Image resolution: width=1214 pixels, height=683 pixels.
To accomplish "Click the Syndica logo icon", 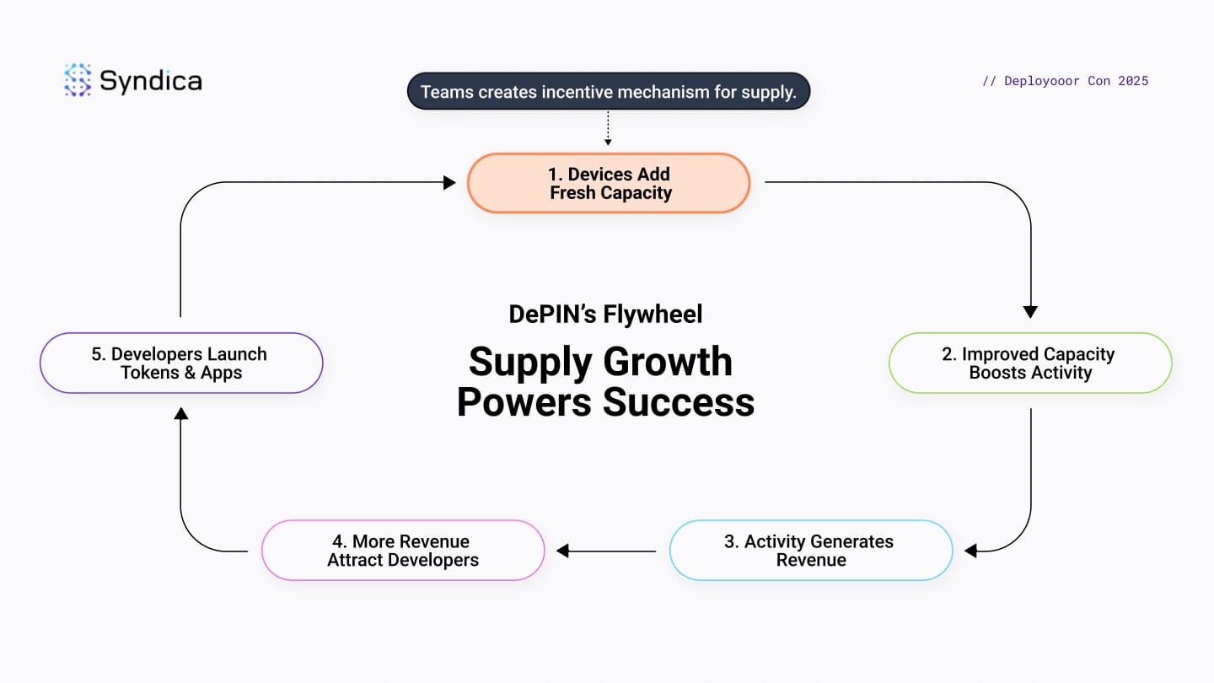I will pos(78,80).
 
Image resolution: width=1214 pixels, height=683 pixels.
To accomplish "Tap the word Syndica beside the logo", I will pos(150,81).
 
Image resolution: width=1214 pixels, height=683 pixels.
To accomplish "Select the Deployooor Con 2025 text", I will pos(1065,81).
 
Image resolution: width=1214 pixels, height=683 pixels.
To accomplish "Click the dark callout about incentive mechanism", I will pos(608,91).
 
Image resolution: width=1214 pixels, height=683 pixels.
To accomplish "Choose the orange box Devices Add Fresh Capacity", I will pos(608,183).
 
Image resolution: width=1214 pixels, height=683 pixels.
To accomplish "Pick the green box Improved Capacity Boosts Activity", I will pos(1029,363).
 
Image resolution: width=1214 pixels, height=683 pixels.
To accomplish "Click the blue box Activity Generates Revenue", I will pos(810,551).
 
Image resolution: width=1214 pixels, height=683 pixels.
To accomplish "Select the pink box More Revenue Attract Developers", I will pos(402,551).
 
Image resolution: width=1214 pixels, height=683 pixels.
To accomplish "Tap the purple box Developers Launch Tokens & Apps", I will pos(180,363).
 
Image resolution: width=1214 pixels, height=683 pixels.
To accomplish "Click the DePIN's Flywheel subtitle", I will pos(605,315).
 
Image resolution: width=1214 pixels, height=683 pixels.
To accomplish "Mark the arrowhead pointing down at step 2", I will pos(1029,312).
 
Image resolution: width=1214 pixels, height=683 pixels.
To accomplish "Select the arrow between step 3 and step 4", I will pos(607,551).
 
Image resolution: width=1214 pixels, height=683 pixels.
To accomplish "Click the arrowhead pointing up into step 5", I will pos(180,413).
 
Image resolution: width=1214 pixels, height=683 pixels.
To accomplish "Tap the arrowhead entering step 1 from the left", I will pos(450,182).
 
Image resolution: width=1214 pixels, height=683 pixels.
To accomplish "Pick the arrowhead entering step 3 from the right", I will pos(970,551).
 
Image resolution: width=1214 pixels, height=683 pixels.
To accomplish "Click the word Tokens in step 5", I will pos(150,373).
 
